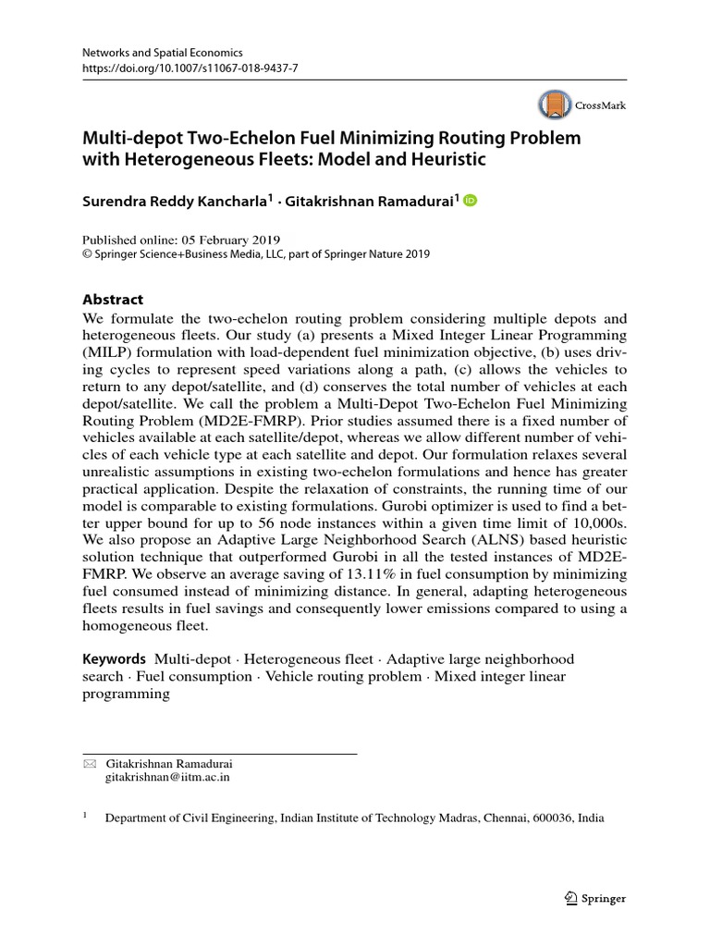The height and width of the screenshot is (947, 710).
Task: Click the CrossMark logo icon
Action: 553,105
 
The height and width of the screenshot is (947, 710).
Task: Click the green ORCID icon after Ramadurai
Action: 470,201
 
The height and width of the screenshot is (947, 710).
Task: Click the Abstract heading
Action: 114,300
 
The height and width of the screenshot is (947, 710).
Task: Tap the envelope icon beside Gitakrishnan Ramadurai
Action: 89,764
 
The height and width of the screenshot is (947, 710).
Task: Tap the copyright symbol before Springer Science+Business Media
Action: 88,254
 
